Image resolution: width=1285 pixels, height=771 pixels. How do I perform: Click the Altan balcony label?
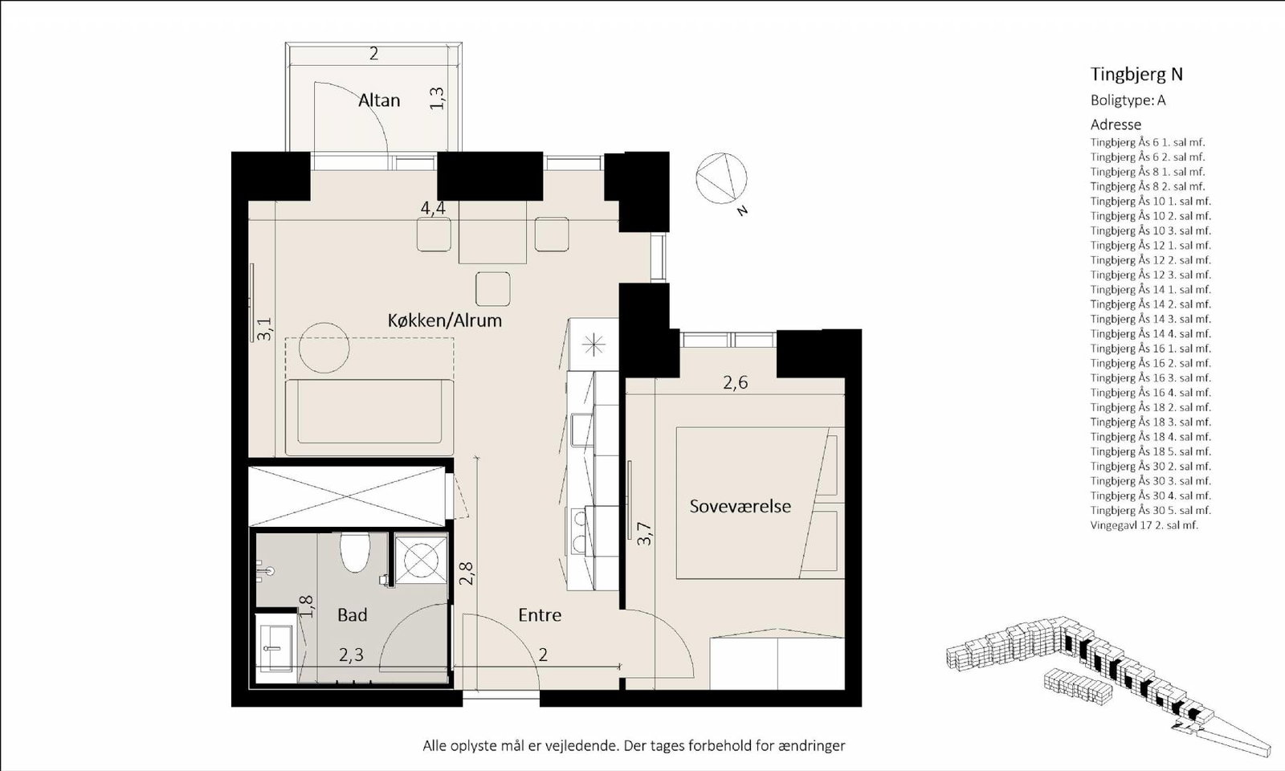378,100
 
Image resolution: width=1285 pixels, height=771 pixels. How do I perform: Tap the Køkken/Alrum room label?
445,320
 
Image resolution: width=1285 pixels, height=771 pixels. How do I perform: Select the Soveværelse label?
740,506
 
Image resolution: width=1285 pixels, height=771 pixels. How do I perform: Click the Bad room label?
353,615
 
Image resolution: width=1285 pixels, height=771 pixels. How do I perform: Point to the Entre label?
540,615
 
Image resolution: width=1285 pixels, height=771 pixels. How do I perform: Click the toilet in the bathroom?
354,553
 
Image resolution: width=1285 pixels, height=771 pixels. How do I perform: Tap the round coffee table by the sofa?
324,348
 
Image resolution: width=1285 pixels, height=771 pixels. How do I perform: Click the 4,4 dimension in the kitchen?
433,208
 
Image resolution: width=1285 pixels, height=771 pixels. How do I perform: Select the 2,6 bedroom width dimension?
736,382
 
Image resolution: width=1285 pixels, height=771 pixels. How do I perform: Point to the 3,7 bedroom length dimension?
645,533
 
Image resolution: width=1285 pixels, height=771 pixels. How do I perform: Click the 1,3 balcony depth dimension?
437,98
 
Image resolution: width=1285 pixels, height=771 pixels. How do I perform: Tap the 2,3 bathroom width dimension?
351,655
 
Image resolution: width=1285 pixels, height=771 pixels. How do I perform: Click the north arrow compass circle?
722,177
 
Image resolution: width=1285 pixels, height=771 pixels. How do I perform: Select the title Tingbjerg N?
1136,75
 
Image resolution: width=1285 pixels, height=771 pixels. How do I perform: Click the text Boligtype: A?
1128,100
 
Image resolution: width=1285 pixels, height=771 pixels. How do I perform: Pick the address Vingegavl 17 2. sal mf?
1144,525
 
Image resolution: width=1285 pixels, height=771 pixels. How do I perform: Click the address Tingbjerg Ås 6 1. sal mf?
1148,142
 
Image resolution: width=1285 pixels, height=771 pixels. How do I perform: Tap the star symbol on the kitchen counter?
594,345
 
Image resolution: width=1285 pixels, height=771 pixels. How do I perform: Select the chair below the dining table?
493,289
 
